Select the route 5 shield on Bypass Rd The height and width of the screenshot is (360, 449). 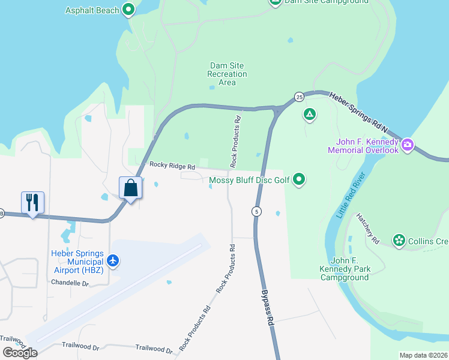pyautogui.click(x=256, y=211)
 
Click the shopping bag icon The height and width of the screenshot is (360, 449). pyautogui.click(x=131, y=188)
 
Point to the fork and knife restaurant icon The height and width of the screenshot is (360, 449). pyautogui.click(x=32, y=202)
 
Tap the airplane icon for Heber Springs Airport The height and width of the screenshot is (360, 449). pyautogui.click(x=113, y=260)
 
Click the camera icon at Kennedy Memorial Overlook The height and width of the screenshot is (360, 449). pyautogui.click(x=408, y=144)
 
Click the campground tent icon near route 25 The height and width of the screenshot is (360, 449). pyautogui.click(x=310, y=113)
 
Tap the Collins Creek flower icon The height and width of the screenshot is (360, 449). pyautogui.click(x=399, y=241)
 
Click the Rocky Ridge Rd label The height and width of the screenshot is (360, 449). pyautogui.click(x=172, y=166)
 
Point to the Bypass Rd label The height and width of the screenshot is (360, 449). pyautogui.click(x=267, y=308)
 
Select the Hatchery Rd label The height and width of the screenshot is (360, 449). pyautogui.click(x=368, y=228)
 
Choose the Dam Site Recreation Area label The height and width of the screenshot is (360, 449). pyautogui.click(x=227, y=74)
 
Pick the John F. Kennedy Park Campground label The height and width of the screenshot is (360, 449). pyautogui.click(x=344, y=269)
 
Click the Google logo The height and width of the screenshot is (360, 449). pyautogui.click(x=20, y=353)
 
